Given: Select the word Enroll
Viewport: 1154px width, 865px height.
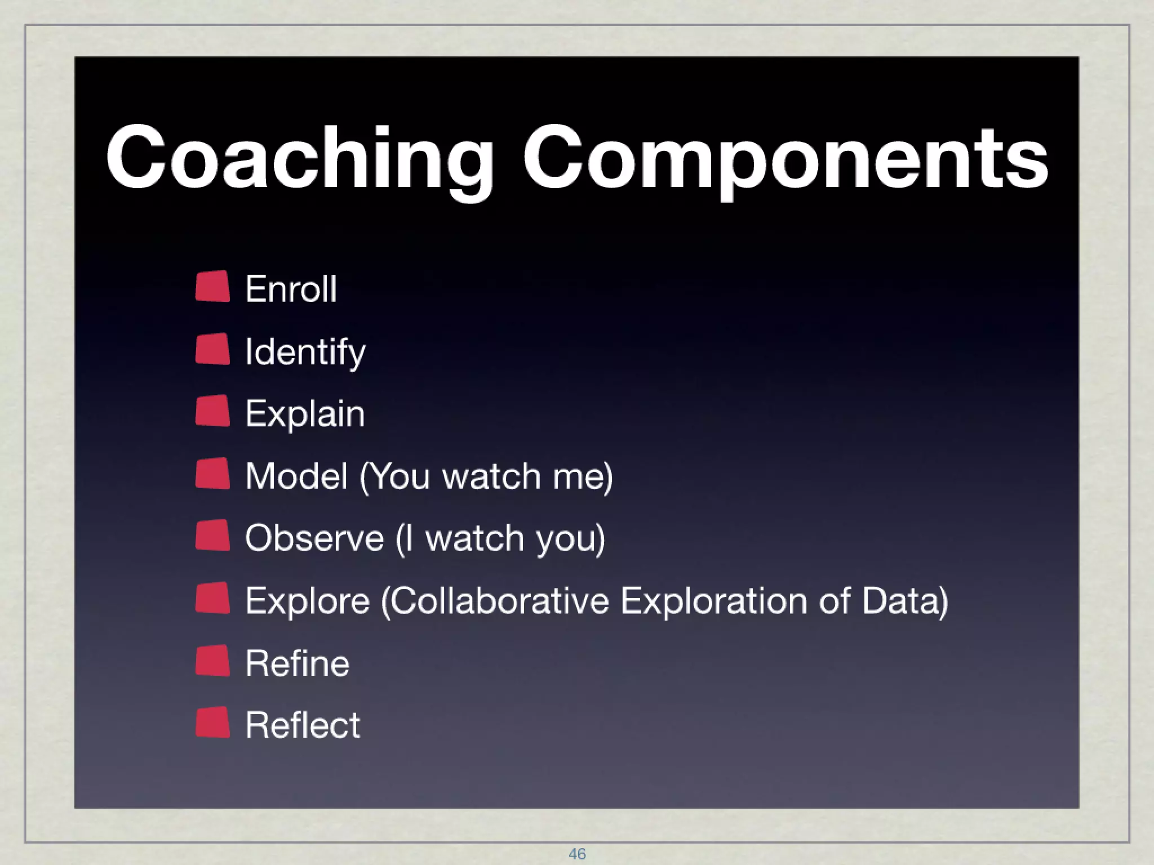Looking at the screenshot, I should (x=291, y=289).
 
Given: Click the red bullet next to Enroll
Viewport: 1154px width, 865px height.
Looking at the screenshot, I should (x=213, y=287).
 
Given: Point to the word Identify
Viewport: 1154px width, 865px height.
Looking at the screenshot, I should (x=305, y=352).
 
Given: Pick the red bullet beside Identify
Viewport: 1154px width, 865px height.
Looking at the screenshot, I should (x=213, y=349).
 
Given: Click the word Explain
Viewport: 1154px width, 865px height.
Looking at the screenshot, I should (x=305, y=414).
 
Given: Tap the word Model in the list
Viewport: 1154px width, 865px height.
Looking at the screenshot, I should (x=296, y=476).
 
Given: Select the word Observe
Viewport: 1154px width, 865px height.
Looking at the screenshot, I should (x=314, y=538).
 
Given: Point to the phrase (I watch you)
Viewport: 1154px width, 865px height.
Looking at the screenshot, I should (x=500, y=538).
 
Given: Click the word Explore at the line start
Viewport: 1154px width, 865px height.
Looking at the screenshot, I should (x=308, y=600).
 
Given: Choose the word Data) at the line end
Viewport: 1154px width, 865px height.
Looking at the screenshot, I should (x=905, y=600).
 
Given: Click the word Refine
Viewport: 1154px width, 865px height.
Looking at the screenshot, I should (x=298, y=663).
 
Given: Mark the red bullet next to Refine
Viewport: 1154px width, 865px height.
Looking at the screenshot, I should (x=213, y=661).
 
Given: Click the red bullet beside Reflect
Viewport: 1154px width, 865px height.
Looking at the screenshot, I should (x=213, y=723).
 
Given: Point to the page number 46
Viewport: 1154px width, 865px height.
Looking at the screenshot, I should (x=577, y=854).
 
